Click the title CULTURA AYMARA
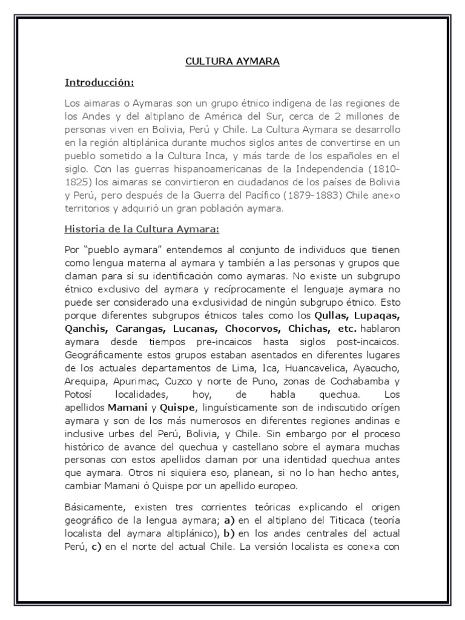232,61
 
